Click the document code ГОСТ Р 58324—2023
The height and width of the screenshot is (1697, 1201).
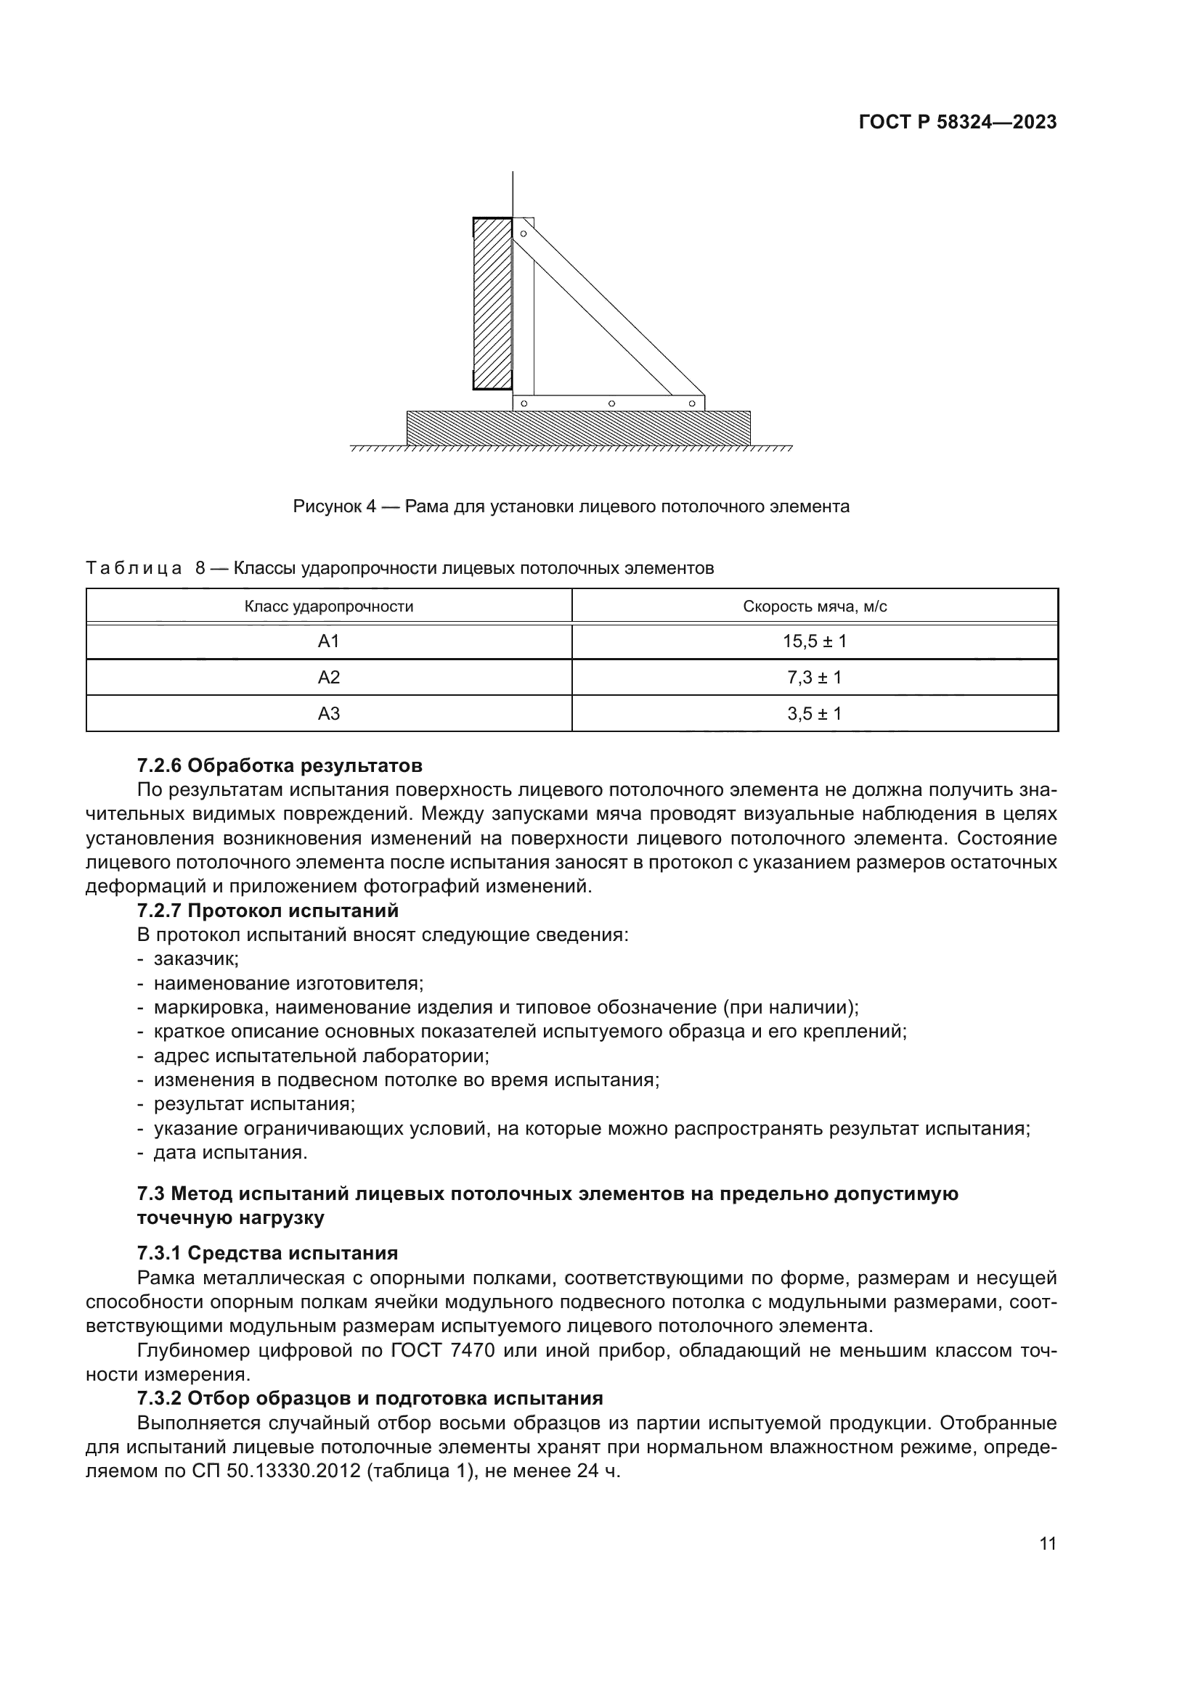coord(957,123)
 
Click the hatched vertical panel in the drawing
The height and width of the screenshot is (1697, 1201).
coord(492,303)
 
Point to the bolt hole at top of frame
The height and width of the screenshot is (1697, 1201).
coord(524,234)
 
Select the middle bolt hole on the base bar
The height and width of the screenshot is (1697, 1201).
coord(611,403)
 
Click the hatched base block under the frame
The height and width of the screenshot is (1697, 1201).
coord(578,428)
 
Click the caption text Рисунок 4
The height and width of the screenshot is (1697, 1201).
coord(334,506)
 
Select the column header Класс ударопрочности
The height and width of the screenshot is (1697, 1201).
coord(328,607)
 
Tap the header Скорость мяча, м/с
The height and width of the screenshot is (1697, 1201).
coord(814,607)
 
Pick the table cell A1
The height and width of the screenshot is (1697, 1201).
coord(328,641)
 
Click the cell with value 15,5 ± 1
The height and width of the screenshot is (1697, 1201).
coord(814,641)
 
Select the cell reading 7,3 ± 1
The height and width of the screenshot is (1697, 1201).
coord(814,678)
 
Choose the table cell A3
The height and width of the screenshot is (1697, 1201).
coord(328,714)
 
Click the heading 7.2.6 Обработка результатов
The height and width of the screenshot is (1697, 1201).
coord(280,765)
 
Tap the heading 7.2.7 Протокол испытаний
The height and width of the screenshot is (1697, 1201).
coord(268,911)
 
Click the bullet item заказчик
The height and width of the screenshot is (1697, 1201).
coord(196,959)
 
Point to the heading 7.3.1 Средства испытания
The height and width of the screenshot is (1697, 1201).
coord(268,1253)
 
